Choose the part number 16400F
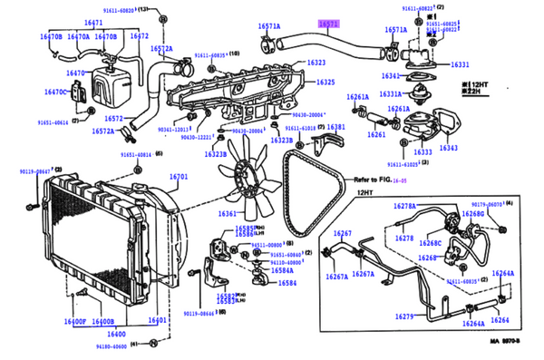(x=74, y=322)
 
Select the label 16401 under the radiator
(x=157, y=322)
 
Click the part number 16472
(x=139, y=36)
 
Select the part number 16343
(x=448, y=147)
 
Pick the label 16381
(x=335, y=128)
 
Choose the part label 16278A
(x=405, y=208)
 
